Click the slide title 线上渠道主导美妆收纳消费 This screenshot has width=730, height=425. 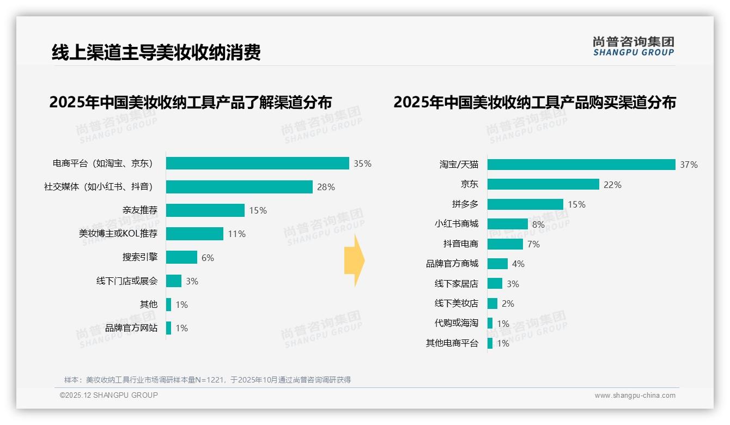pyautogui.click(x=156, y=52)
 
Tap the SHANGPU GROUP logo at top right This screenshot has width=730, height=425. pyautogui.click(x=633, y=46)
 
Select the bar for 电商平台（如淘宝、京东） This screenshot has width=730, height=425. pyautogui.click(x=257, y=163)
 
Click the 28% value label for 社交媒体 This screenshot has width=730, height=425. pyautogui.click(x=326, y=187)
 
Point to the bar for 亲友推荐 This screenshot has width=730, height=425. pyautogui.click(x=205, y=210)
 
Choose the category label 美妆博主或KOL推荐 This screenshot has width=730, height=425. pyautogui.click(x=118, y=234)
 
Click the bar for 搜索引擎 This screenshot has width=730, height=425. pyautogui.click(x=181, y=257)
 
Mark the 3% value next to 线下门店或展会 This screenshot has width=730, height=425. pyautogui.click(x=192, y=281)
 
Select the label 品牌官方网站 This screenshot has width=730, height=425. pyautogui.click(x=131, y=328)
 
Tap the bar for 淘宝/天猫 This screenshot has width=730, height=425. pyautogui.click(x=581, y=165)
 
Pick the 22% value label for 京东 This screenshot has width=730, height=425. pyautogui.click(x=612, y=185)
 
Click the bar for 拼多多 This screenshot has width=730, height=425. pyautogui.click(x=525, y=204)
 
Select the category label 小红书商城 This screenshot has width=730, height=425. pyautogui.click(x=457, y=224)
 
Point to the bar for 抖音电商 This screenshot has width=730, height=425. pyautogui.click(x=505, y=244)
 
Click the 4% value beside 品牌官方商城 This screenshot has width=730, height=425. pyautogui.click(x=518, y=264)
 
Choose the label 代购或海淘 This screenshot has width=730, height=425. pyautogui.click(x=457, y=323)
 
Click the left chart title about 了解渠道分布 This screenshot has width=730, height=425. pyautogui.click(x=191, y=102)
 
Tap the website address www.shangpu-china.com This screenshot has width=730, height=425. pyautogui.click(x=635, y=396)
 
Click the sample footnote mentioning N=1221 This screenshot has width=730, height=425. pyautogui.click(x=208, y=380)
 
